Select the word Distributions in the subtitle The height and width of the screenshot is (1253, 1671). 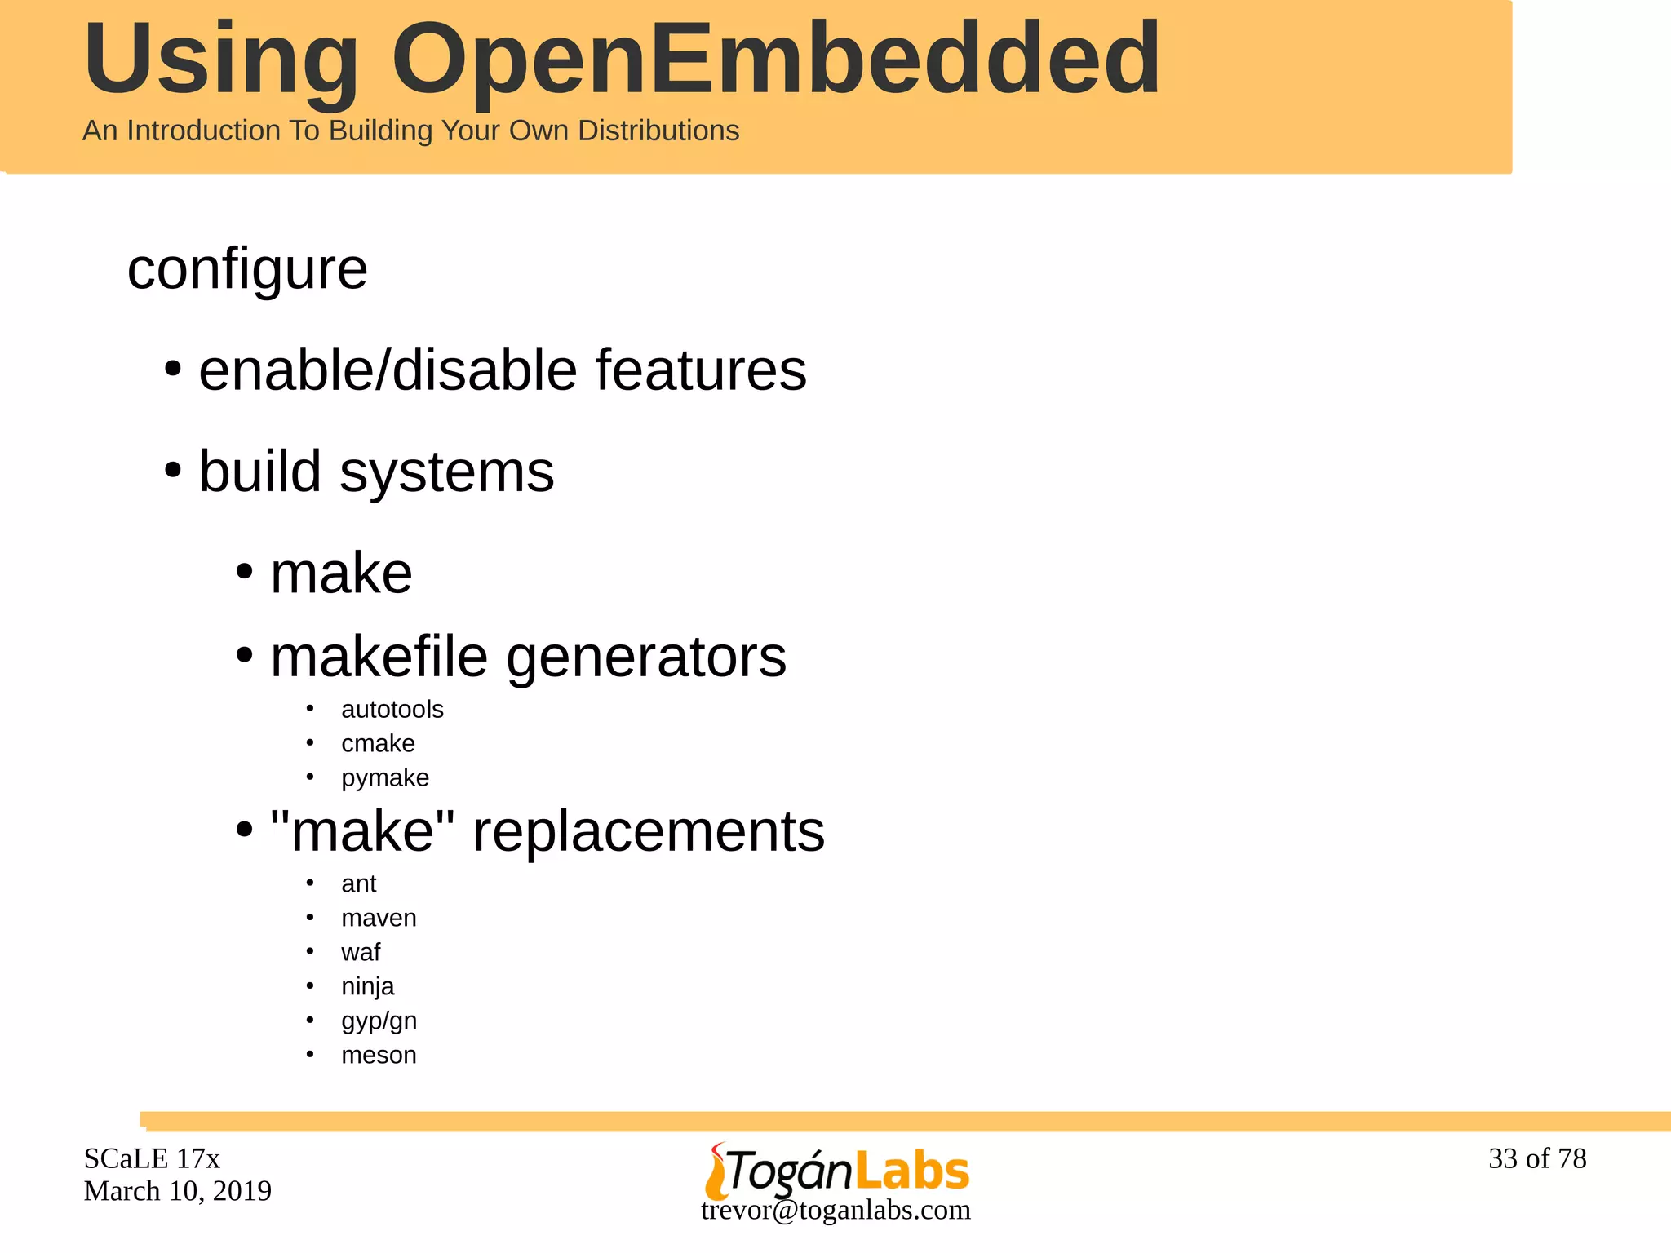pos(658,131)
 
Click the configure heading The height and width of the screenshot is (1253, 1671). pos(247,269)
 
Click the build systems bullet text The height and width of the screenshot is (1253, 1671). pos(376,472)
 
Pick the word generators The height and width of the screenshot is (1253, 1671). pos(646,657)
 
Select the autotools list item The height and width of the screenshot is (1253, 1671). pos(392,710)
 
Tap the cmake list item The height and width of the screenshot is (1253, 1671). pos(378,744)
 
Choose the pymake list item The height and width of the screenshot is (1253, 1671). pos(384,778)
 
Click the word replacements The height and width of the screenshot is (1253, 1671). pos(649,831)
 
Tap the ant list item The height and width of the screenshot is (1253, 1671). pos(358,884)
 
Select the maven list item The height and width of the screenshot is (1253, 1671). pos(379,919)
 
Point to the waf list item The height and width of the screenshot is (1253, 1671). pos(361,953)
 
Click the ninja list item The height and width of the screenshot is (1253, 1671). pos(367,987)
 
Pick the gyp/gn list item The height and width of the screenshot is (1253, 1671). pos(379,1021)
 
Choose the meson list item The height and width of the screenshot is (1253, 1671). pos(379,1056)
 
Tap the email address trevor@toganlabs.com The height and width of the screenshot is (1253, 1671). pos(835,1210)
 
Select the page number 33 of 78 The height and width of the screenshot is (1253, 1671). pos(1536,1158)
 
